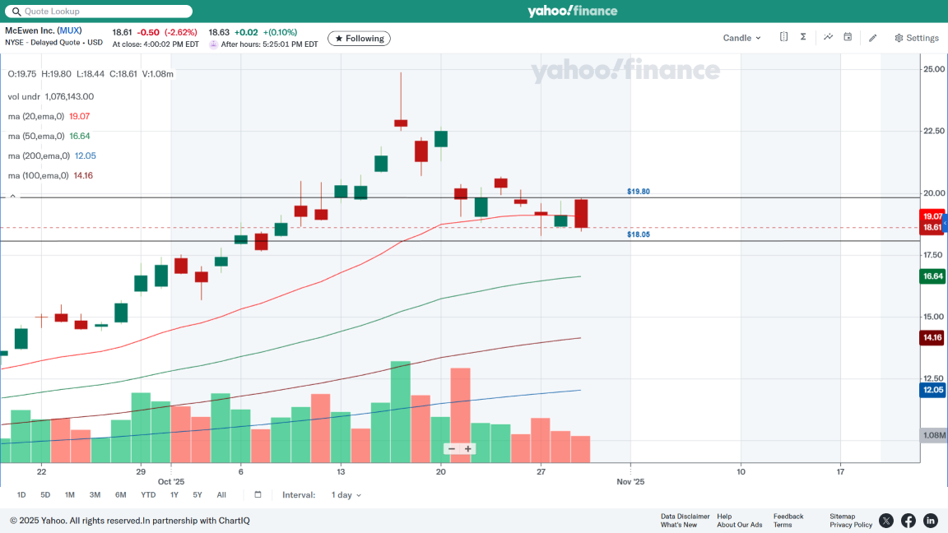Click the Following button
(x=359, y=39)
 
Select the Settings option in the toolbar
(x=917, y=38)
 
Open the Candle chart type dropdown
(x=741, y=38)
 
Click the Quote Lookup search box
(x=99, y=12)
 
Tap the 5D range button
(x=45, y=495)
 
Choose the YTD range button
(x=148, y=495)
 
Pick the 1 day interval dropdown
(x=346, y=495)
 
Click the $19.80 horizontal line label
(x=638, y=192)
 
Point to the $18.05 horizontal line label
(x=638, y=234)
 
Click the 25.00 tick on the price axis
(x=933, y=69)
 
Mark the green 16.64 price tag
(x=932, y=276)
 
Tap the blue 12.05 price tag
(x=932, y=390)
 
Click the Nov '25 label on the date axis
(x=630, y=482)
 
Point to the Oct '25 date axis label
(x=171, y=482)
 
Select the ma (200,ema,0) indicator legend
(x=39, y=155)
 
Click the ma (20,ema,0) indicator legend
(x=36, y=116)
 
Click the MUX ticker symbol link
(x=70, y=30)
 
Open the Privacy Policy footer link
(x=851, y=525)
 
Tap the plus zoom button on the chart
(x=468, y=449)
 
